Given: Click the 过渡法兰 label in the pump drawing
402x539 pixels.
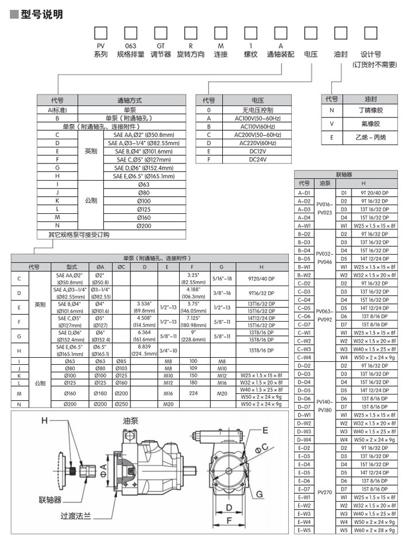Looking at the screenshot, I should (x=75, y=515).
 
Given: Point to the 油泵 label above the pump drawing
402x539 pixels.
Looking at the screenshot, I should (x=130, y=420).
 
